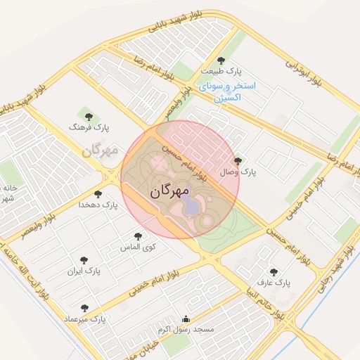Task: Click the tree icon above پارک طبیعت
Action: click(x=221, y=61)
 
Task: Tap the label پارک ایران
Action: click(x=84, y=271)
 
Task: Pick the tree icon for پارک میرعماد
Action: click(x=84, y=308)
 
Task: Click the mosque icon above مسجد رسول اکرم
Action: click(x=186, y=319)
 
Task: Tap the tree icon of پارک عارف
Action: click(x=273, y=272)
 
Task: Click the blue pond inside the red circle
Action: click(x=191, y=205)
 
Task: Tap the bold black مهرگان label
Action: click(x=171, y=191)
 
